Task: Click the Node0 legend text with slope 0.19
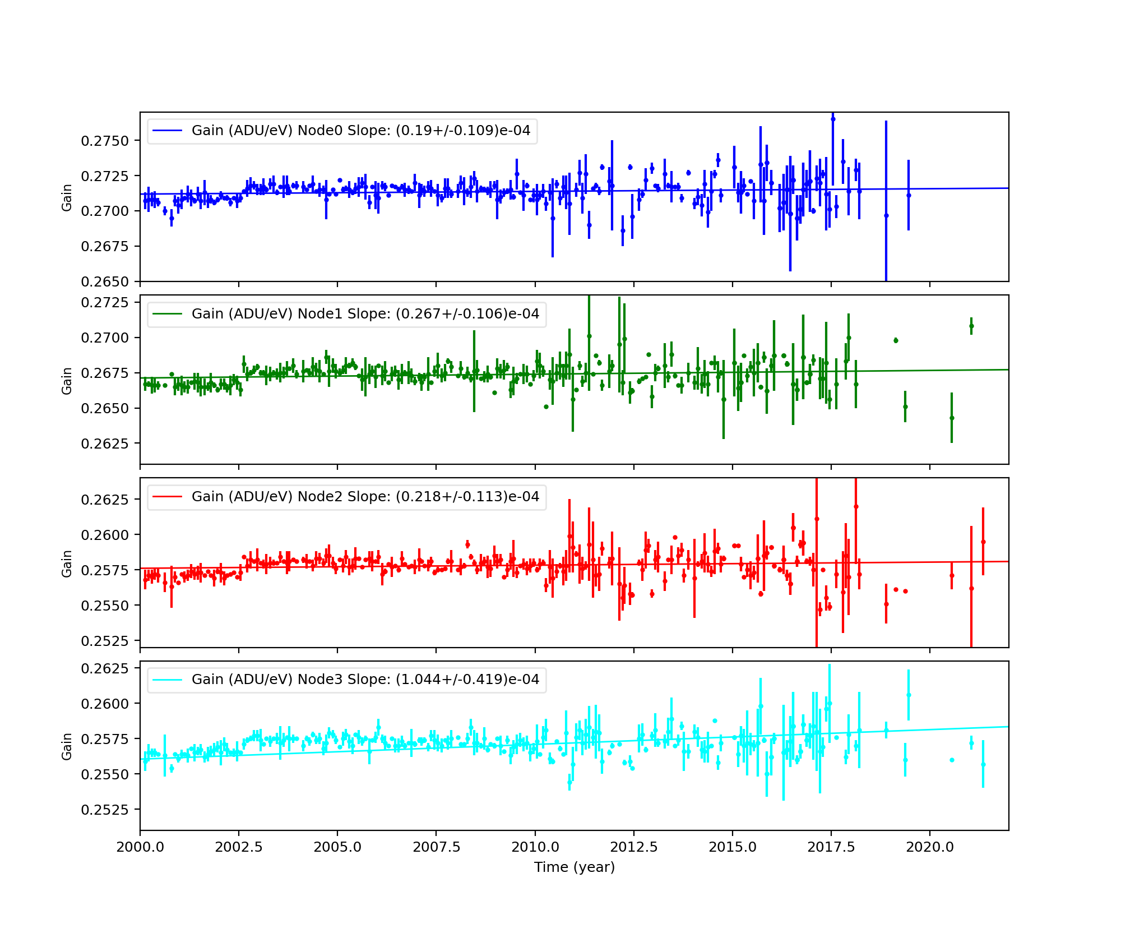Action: coord(360,131)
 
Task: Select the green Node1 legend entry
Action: coord(365,314)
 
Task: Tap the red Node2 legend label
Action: coord(365,497)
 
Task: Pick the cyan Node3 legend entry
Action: coord(365,680)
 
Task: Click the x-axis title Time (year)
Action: coord(574,867)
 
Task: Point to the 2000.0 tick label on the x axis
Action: coord(140,847)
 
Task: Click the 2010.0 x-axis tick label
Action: coord(535,847)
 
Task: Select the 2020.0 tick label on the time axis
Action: coord(929,847)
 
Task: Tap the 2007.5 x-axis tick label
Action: coord(436,847)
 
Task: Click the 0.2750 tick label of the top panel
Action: coord(105,141)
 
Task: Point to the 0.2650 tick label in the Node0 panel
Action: coord(105,281)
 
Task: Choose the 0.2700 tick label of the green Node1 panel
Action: coord(105,338)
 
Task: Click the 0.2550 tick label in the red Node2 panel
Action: coord(105,606)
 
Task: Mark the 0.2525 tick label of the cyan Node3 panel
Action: coord(105,810)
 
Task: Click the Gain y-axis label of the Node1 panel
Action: coord(67,381)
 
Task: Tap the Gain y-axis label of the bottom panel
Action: coord(67,746)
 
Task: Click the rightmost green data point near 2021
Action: coord(971,326)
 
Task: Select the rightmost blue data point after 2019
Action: coord(909,195)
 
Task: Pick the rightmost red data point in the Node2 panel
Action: coord(983,542)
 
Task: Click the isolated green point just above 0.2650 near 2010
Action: coord(546,407)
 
